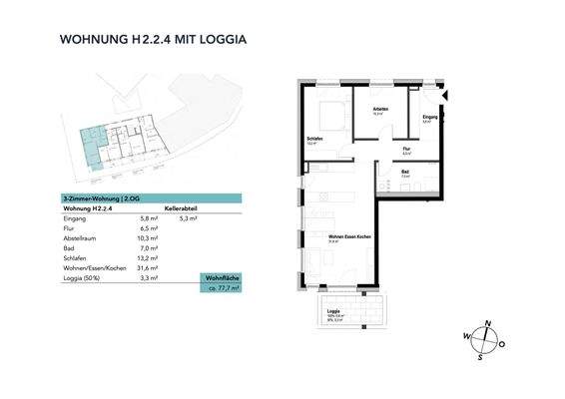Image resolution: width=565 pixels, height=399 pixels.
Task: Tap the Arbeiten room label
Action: (x=379, y=109)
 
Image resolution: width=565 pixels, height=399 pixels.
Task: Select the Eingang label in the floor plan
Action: (x=429, y=119)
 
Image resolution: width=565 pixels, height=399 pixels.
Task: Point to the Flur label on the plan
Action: (x=407, y=149)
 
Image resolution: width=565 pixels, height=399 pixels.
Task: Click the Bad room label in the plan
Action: (x=405, y=172)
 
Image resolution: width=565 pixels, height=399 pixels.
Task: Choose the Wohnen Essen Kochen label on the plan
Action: (x=323, y=236)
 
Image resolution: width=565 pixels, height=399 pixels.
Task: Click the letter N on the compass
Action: (x=487, y=322)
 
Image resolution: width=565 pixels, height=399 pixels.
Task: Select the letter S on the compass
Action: (x=480, y=356)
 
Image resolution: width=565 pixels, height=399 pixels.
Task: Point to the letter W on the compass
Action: (x=466, y=336)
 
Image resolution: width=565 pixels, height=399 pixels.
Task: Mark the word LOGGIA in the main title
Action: (x=217, y=41)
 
